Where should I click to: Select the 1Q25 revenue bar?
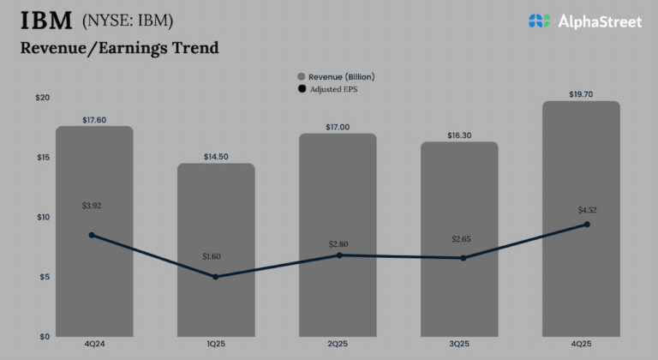pos(216,300)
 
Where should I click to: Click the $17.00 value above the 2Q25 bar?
pos(338,127)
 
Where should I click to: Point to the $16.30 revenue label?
pos(459,135)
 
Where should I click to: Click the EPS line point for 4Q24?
pos(92,235)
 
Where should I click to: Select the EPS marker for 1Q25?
pos(215,276)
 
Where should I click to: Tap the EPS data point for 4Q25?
pos(587,224)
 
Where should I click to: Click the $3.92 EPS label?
pos(93,206)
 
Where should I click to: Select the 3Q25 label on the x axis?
pos(462,345)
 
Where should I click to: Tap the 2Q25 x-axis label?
pos(338,345)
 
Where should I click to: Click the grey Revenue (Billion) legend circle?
pos(301,77)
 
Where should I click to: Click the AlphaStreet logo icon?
pos(539,21)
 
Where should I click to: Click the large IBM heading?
pos(45,21)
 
